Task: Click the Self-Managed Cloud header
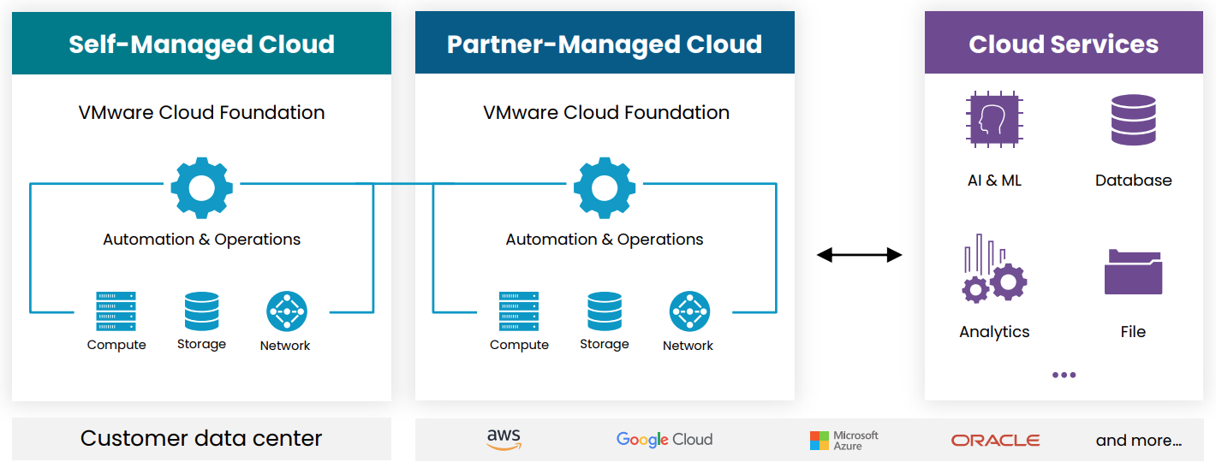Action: coord(201,44)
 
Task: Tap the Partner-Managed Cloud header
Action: coord(605,44)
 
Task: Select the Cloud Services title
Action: coord(1064,44)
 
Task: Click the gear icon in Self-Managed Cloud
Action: coord(202,188)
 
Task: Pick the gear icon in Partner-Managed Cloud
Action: coord(605,188)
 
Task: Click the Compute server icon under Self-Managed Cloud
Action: coord(116,311)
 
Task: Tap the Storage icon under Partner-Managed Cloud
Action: coord(605,311)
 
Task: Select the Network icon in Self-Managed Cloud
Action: coord(286,312)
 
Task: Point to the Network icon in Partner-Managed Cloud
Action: coord(689,312)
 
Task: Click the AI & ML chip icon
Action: coord(993,120)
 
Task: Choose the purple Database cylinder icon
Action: coord(1133,120)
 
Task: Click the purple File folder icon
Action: coord(1133,271)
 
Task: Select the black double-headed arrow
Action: coord(859,254)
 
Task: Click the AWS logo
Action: coord(504,439)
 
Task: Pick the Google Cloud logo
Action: coord(665,440)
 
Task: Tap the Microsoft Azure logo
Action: coord(843,440)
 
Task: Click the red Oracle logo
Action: coord(995,441)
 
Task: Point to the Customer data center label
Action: coord(201,439)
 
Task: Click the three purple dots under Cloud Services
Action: coord(1064,375)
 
